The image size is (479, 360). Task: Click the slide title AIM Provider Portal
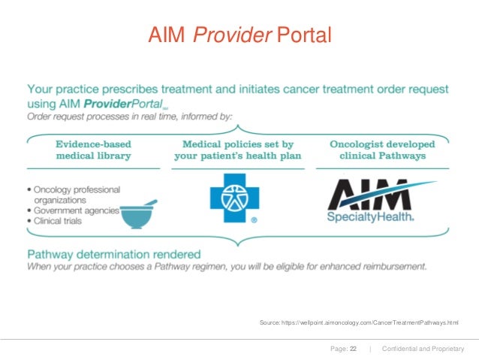click(239, 35)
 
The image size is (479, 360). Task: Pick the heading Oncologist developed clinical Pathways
click(378, 150)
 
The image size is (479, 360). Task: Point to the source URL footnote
click(358, 322)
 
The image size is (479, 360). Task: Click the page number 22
click(353, 349)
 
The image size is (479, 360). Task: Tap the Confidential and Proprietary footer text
click(423, 349)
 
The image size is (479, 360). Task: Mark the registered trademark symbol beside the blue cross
click(255, 221)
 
